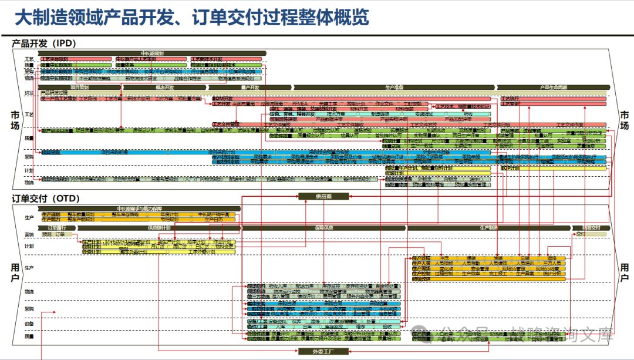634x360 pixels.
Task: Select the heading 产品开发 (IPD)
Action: click(x=44, y=43)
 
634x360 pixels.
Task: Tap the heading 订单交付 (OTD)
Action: click(x=46, y=198)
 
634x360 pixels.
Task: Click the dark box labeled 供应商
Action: click(x=324, y=196)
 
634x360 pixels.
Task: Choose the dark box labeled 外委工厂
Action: click(x=324, y=351)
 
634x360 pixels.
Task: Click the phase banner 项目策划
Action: click(x=79, y=88)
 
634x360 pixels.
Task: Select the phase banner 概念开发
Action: click(x=164, y=88)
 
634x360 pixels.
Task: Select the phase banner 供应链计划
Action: click(x=158, y=227)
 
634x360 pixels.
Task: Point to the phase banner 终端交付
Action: click(x=591, y=227)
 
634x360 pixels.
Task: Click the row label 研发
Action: click(x=29, y=93)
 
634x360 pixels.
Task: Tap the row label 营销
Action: click(x=29, y=234)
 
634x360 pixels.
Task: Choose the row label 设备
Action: click(x=29, y=324)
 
